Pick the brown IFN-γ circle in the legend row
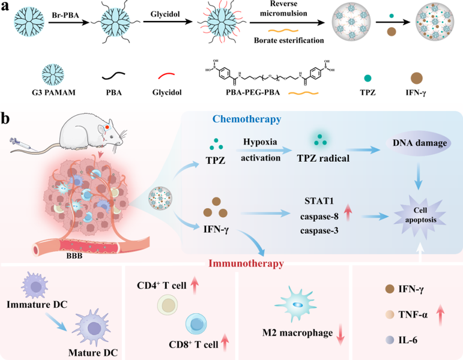point(423,76)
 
